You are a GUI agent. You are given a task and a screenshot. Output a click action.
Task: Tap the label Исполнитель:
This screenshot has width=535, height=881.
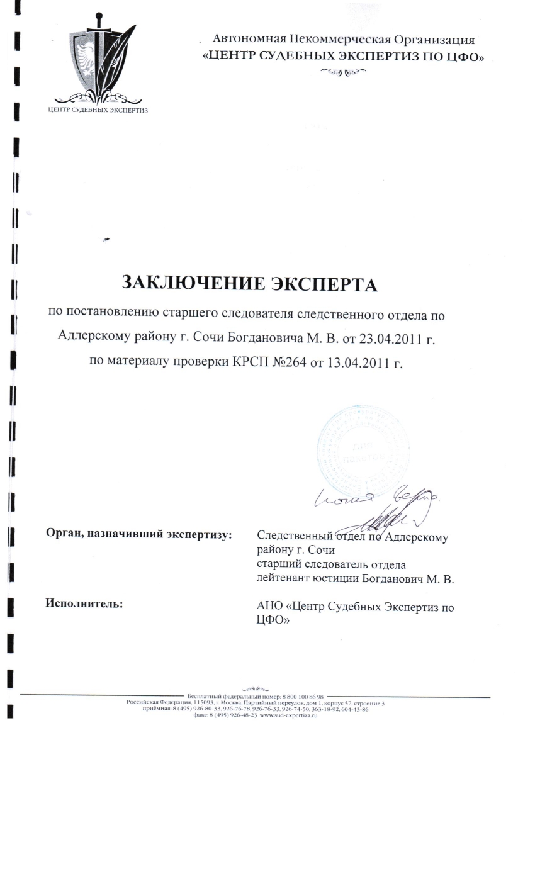tap(84, 603)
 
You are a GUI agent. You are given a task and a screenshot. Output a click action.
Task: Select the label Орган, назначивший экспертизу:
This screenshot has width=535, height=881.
tap(138, 535)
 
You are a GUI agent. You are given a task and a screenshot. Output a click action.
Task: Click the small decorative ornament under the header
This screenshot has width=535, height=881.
tap(343, 72)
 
